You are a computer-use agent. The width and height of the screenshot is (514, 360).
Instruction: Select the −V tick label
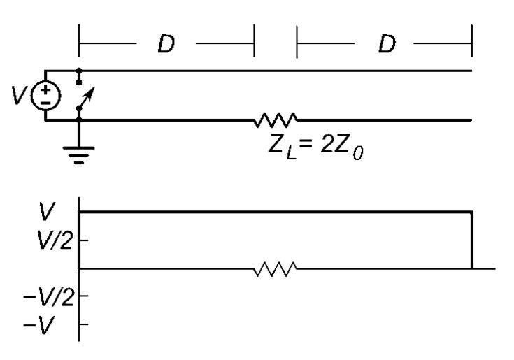53,324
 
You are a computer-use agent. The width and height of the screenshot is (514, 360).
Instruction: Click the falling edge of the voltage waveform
473,240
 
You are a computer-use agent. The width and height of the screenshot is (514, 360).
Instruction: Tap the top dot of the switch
79,71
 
